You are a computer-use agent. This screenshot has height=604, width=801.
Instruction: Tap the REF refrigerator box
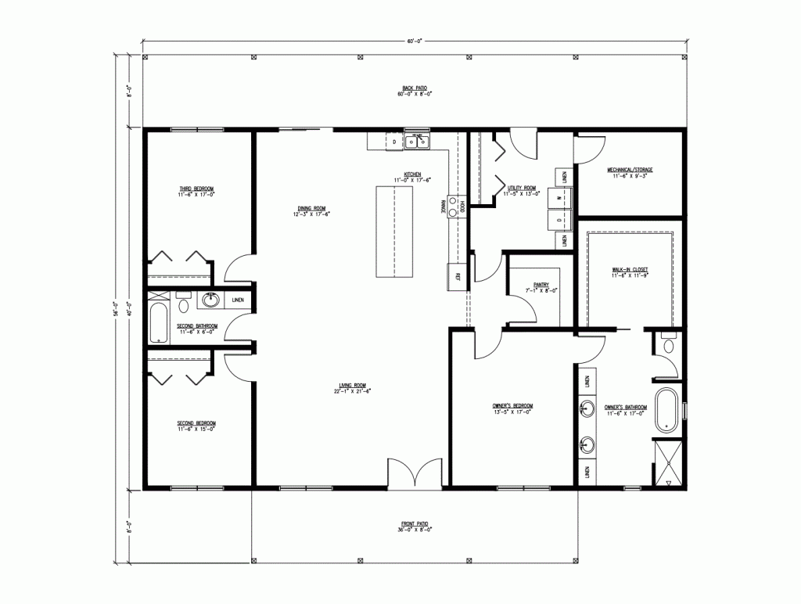(x=456, y=275)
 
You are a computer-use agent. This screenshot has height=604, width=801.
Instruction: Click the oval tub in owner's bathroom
(x=667, y=409)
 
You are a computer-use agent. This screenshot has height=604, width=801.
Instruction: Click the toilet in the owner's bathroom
(x=668, y=345)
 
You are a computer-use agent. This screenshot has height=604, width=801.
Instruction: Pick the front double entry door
(x=417, y=474)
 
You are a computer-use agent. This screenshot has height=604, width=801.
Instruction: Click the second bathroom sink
(x=210, y=299)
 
